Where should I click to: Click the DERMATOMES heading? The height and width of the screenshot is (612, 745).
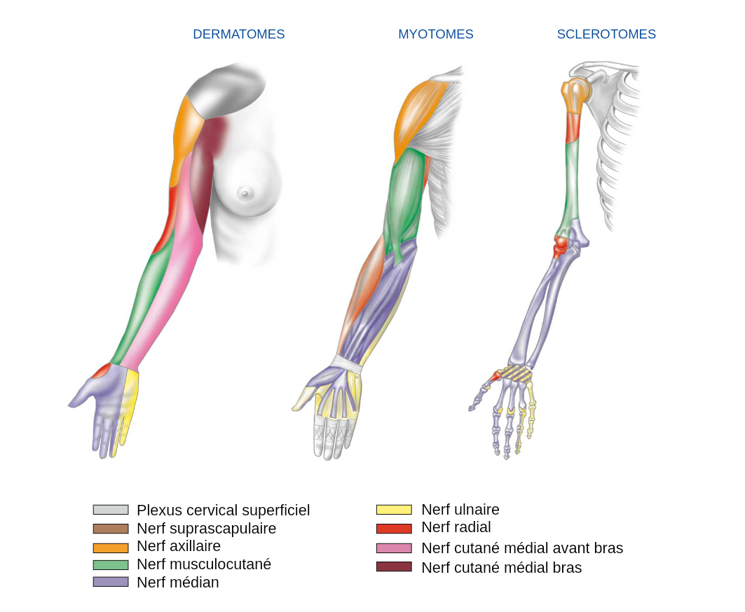coord(238,34)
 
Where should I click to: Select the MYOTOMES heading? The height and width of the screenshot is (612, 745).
coord(435,34)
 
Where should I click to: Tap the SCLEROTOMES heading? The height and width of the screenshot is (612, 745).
coord(606,34)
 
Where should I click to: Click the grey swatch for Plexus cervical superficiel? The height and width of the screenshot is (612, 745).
coord(111,510)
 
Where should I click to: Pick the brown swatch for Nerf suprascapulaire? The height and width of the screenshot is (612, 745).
coord(111,529)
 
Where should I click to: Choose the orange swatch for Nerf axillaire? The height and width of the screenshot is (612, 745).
coord(111,548)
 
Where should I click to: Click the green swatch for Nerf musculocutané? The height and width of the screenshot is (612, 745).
coord(111,564)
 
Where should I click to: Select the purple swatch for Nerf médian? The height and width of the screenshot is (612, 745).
coord(111,582)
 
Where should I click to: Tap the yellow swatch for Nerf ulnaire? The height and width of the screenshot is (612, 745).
coord(394,510)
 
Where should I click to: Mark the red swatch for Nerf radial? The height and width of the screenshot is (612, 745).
coord(394,529)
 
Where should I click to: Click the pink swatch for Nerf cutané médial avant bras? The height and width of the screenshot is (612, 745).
coord(394,548)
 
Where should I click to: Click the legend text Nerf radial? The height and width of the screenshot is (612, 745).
coord(456,527)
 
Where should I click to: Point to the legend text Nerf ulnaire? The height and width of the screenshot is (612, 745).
coord(460,510)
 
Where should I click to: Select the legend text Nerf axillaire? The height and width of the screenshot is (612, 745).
coord(178,546)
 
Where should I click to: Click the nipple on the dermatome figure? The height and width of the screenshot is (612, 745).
coord(245,192)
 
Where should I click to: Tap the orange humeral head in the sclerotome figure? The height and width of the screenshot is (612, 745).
coord(574,90)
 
